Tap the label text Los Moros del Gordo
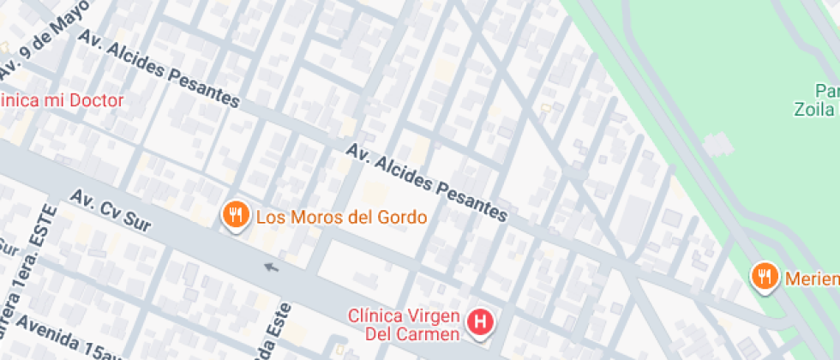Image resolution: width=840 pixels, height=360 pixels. (341, 217)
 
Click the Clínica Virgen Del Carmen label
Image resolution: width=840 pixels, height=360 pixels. (405, 324)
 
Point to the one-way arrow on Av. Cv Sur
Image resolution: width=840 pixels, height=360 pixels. (272, 267)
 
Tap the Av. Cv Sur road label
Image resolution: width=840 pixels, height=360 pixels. (111, 211)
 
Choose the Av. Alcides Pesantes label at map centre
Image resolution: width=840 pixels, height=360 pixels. (427, 183)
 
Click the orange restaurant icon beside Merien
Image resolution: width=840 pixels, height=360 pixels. (764, 276)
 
